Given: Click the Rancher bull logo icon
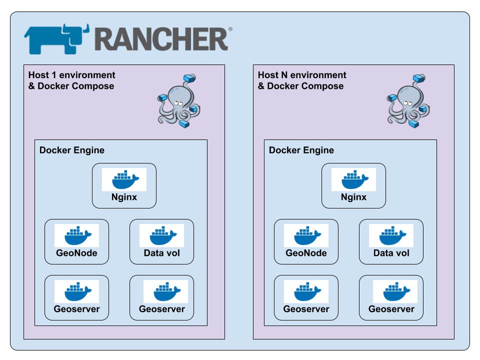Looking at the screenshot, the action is click(56, 39).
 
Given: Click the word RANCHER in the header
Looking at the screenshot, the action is click(161, 39).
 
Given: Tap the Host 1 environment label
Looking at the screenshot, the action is click(71, 80).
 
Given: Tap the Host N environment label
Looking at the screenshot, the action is click(302, 80).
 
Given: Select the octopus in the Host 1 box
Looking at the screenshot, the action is click(179, 101).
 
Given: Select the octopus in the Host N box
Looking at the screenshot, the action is click(408, 101).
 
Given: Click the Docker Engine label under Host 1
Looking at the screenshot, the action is click(72, 150).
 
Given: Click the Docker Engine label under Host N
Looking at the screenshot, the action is click(301, 150).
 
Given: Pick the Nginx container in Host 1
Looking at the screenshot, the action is click(124, 186).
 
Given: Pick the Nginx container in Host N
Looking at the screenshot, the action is click(353, 186).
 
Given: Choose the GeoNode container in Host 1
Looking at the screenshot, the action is click(77, 242).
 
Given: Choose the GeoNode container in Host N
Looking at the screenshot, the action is click(306, 242).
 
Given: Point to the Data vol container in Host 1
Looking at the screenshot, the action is click(161, 242).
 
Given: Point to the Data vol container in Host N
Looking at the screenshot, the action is click(391, 242).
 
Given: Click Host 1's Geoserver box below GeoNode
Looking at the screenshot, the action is click(77, 298).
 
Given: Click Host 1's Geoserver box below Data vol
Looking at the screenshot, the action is click(161, 298).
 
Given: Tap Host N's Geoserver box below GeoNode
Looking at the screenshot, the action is click(306, 298).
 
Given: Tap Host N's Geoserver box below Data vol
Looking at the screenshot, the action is click(391, 298).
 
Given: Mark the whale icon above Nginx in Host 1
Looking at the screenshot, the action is click(124, 179).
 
